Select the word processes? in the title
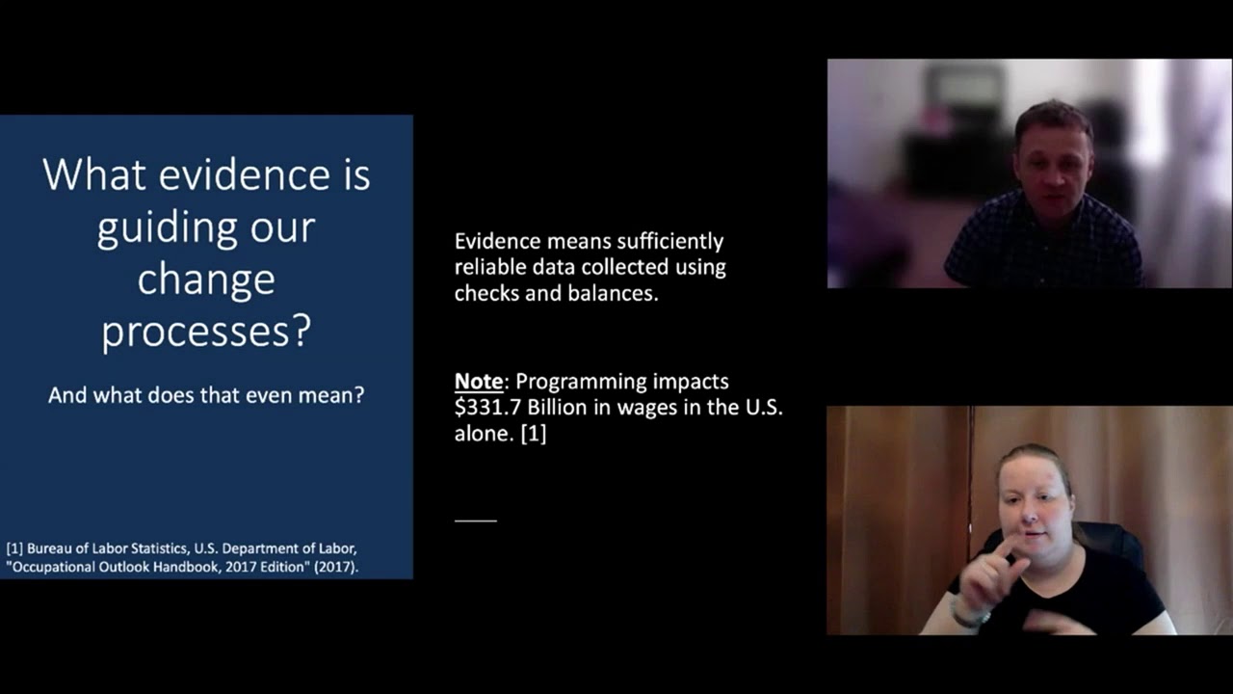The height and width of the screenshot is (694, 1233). point(206,332)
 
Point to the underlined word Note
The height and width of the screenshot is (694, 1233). point(479,382)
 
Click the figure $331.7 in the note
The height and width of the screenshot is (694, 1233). point(487,408)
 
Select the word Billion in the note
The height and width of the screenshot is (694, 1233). point(557,408)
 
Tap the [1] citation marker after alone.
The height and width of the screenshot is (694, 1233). point(533,434)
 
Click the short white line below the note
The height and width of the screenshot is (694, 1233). point(476,520)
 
